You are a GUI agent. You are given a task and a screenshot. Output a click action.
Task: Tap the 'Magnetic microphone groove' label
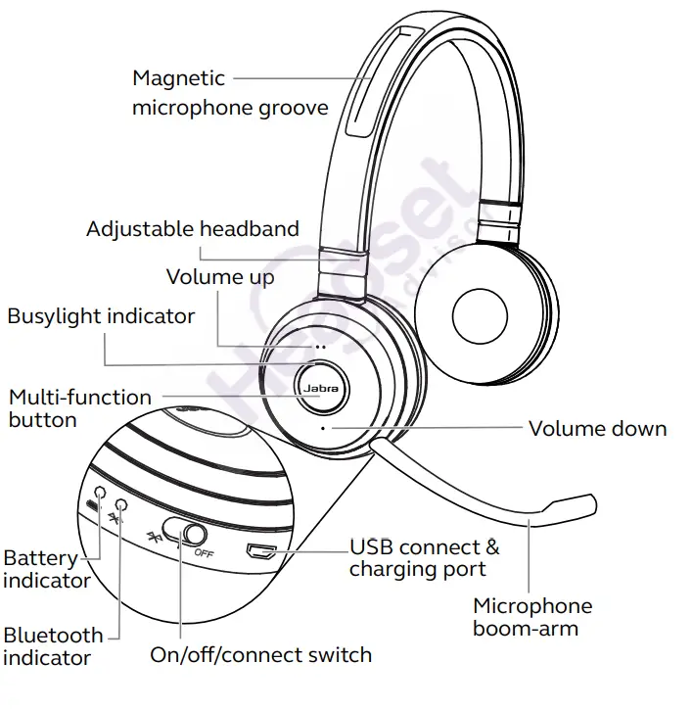click(230, 92)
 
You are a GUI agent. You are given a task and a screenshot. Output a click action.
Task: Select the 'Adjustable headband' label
click(193, 229)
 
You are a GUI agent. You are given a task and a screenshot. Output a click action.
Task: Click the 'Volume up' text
click(220, 276)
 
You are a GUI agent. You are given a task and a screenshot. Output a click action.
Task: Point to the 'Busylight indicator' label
click(101, 316)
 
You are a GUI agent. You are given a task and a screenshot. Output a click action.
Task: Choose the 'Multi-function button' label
click(78, 408)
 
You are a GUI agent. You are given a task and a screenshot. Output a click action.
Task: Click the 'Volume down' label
click(597, 428)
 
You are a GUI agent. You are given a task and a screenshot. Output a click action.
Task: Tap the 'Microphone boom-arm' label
click(532, 616)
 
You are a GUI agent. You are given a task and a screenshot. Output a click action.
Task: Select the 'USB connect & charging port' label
click(424, 557)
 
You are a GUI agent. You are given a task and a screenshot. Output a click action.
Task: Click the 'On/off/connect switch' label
click(260, 654)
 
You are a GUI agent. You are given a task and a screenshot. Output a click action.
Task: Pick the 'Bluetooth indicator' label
click(52, 646)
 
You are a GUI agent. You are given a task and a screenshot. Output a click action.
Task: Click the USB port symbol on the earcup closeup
click(259, 551)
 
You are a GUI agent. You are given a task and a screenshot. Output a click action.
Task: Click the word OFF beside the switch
click(204, 553)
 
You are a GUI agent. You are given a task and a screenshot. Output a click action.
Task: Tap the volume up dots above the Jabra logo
click(319, 347)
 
